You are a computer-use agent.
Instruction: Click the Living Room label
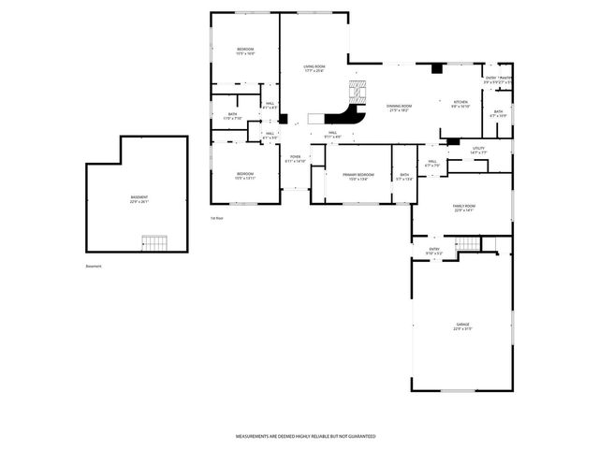tap(314, 66)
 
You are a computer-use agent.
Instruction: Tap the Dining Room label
tap(400, 107)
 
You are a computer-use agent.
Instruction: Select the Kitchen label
tap(460, 102)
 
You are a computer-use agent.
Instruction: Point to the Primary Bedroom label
tap(358, 175)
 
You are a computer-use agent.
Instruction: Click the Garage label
tap(462, 326)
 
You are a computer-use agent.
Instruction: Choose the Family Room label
tap(464, 207)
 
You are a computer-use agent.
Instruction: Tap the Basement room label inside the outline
tap(139, 197)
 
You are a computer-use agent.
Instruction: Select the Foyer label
tap(295, 157)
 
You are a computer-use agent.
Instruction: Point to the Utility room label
tap(478, 148)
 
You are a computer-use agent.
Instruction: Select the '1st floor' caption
tap(216, 218)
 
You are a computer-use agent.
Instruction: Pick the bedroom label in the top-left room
tap(244, 50)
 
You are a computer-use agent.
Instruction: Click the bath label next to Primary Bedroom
tap(405, 175)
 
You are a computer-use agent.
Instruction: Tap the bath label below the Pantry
tap(498, 112)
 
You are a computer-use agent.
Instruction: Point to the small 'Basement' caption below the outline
tap(94, 266)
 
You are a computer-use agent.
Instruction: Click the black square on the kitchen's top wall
tap(434, 68)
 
